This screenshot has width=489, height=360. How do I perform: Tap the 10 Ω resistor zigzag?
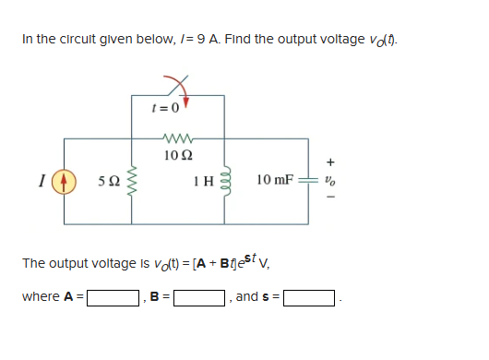(173, 139)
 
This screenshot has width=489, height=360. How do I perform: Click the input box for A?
(113, 298)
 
